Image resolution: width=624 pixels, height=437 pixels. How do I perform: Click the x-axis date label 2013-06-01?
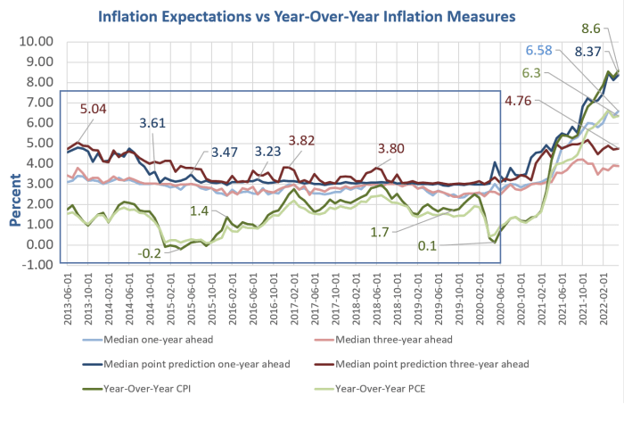(64, 296)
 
